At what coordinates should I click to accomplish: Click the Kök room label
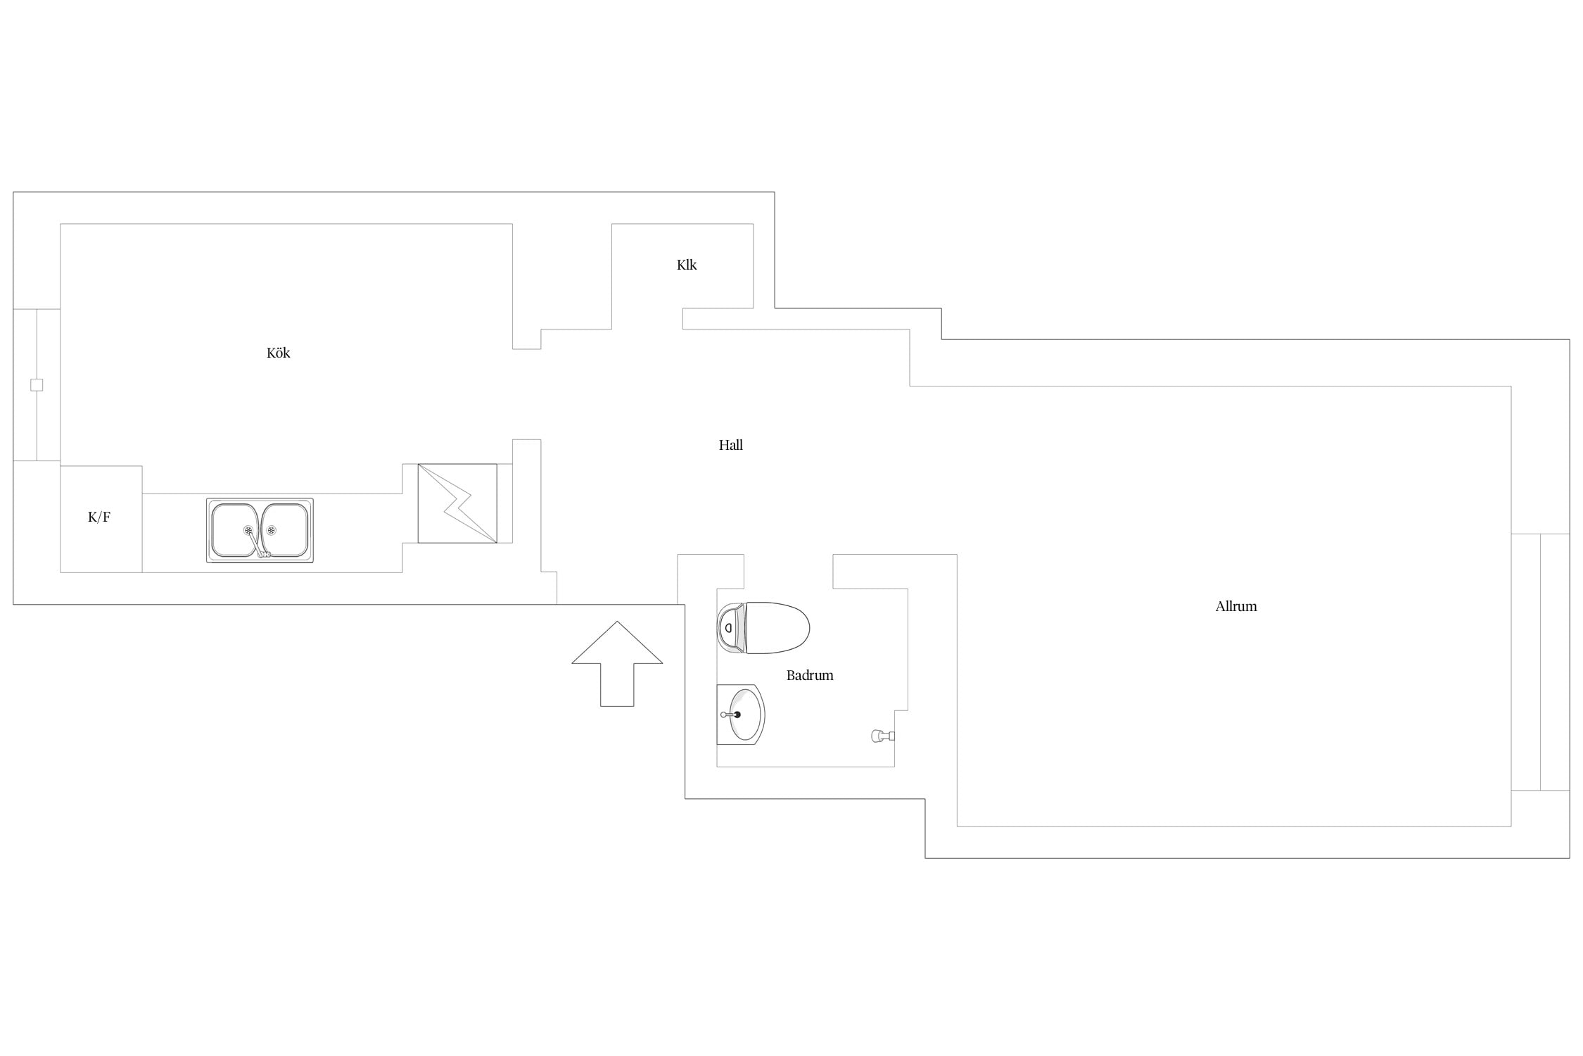278,353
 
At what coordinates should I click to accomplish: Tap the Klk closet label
687,265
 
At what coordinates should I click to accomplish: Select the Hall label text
730,445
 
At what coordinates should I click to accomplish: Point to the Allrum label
1236,606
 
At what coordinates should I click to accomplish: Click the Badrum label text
810,675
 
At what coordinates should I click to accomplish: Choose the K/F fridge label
99,517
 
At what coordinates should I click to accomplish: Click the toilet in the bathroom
763,628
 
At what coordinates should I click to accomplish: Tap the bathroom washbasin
741,715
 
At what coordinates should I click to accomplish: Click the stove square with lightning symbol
457,503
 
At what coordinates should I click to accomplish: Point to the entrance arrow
617,663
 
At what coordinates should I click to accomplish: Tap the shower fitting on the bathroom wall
883,736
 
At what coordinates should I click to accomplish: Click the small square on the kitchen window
37,385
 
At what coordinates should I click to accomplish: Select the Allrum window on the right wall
1540,662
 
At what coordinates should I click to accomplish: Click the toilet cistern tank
731,628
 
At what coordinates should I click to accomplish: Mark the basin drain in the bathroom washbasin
737,715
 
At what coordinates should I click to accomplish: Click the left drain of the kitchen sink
248,530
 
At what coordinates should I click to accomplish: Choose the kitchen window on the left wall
37,385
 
